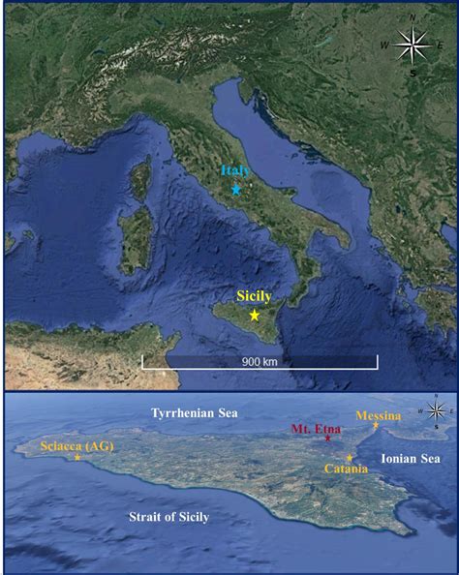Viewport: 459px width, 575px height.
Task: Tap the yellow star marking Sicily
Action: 255,315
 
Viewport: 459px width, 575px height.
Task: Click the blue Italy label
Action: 236,170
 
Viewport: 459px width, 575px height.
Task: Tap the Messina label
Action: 378,416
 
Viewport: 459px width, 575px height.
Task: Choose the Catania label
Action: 346,469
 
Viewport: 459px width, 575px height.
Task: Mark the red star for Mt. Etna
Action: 327,440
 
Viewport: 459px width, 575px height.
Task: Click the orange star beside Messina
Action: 376,427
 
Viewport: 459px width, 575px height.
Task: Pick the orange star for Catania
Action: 349,458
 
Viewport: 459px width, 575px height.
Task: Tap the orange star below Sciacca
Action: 77,457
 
